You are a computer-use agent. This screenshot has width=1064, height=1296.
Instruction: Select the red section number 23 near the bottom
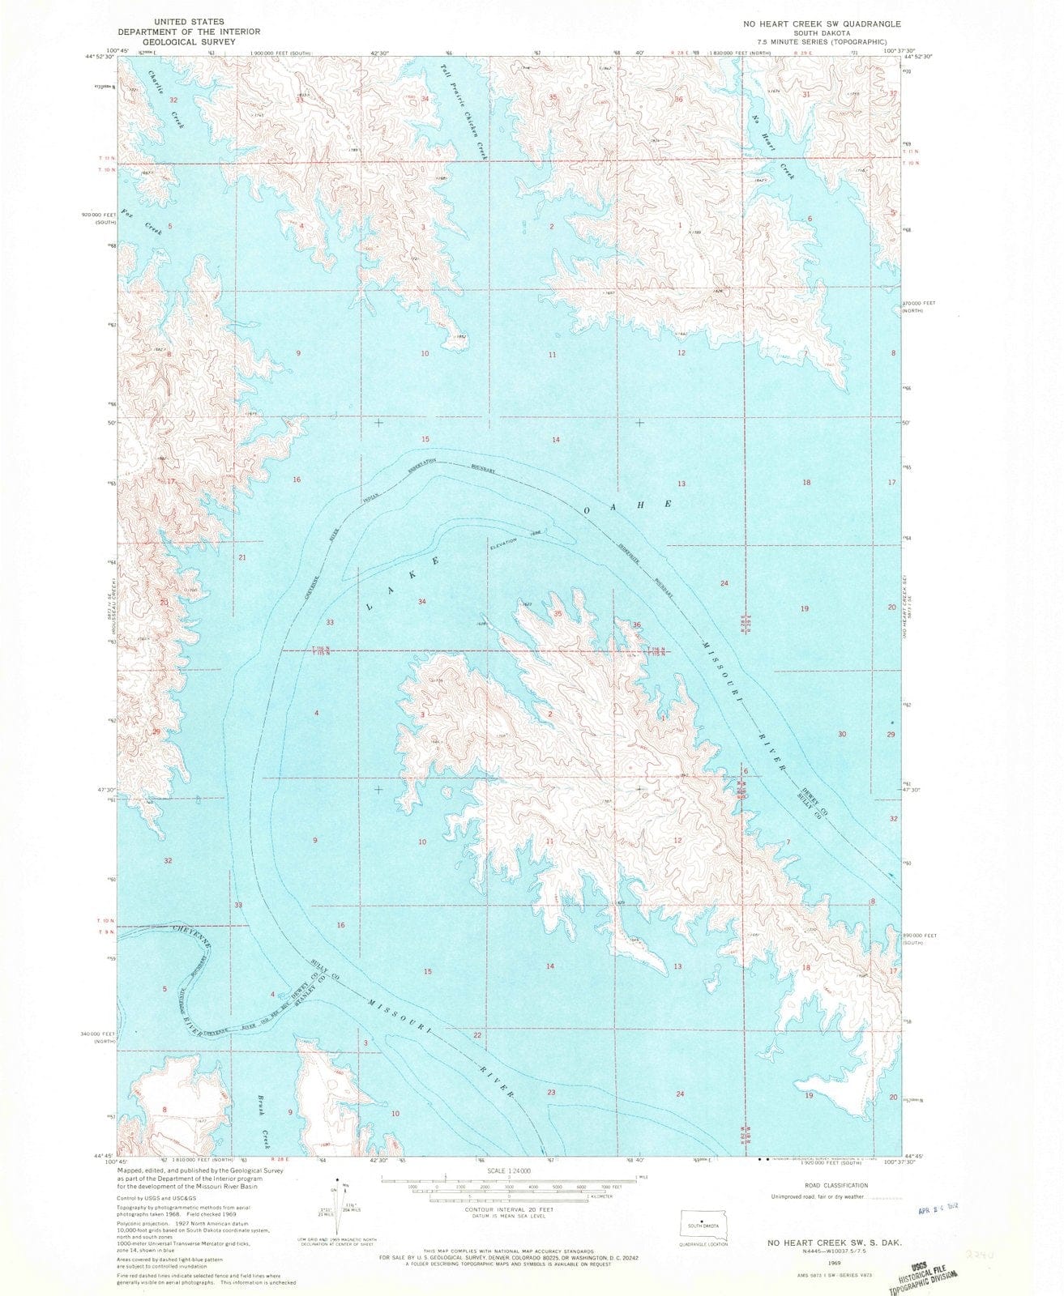tap(552, 1093)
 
